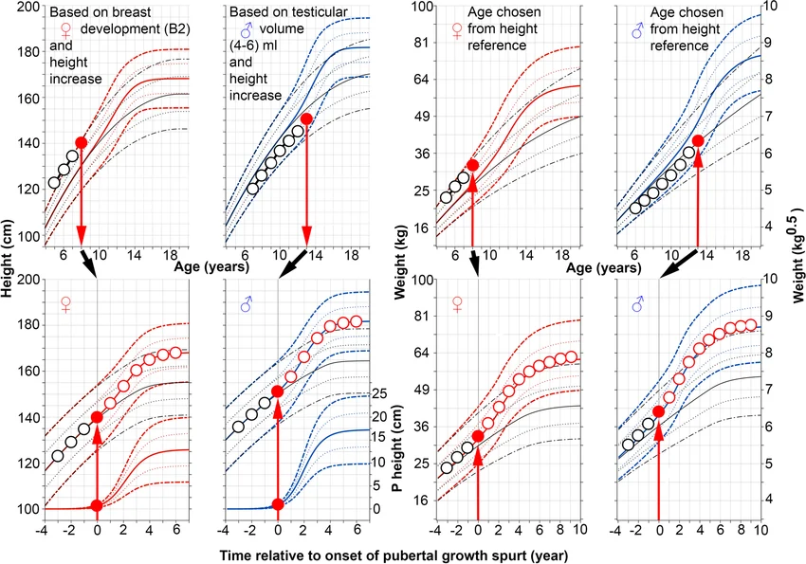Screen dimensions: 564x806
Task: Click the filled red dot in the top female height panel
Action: coord(81,142)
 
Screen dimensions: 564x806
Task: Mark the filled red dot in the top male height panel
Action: coord(306,118)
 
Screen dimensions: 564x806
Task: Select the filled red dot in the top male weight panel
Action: coord(698,140)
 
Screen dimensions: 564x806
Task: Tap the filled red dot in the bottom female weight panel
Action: coord(478,436)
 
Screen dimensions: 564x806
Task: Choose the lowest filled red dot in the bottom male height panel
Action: coord(278,504)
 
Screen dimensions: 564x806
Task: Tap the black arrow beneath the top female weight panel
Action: coord(474,264)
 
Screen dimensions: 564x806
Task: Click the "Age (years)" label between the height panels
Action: coord(210,267)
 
